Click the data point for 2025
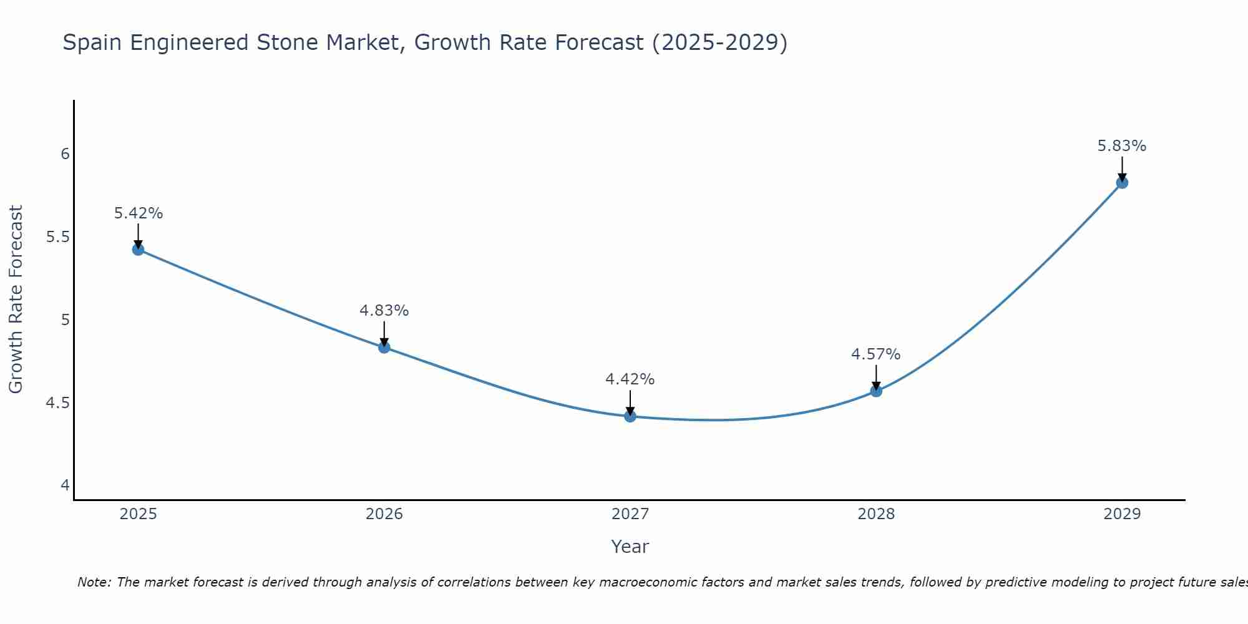(138, 250)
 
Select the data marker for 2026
(384, 347)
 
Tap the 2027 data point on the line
(630, 416)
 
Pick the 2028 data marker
(876, 391)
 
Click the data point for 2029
(1122, 183)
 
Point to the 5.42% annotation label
(139, 213)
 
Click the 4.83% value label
(384, 311)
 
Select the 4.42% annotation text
(630, 379)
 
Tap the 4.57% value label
(876, 354)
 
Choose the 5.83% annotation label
(1122, 146)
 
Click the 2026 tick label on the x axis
(384, 514)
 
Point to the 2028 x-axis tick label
(876, 514)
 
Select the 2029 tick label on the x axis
(1122, 514)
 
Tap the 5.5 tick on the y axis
(58, 237)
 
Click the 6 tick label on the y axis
(65, 154)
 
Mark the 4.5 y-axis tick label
(58, 403)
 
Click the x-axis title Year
(630, 547)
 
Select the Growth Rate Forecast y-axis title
(16, 300)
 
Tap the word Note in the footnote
(94, 582)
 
